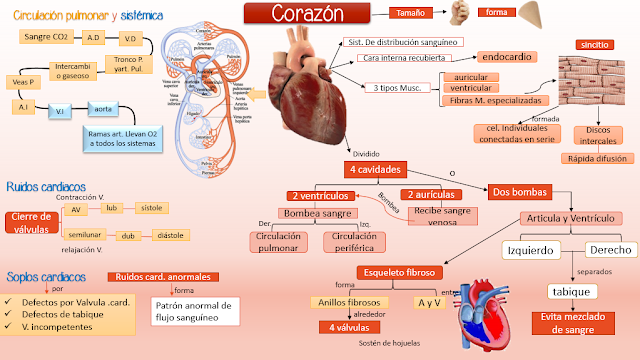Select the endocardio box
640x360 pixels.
click(507, 57)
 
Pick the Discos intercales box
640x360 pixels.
click(597, 133)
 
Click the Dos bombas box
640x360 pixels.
click(517, 191)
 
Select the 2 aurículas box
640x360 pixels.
click(432, 195)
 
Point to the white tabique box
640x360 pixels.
click(574, 291)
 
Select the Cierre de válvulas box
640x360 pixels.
click(31, 222)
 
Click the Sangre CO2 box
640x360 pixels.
click(48, 37)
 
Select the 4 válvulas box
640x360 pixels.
click(346, 327)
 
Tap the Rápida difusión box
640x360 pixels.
click(596, 159)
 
